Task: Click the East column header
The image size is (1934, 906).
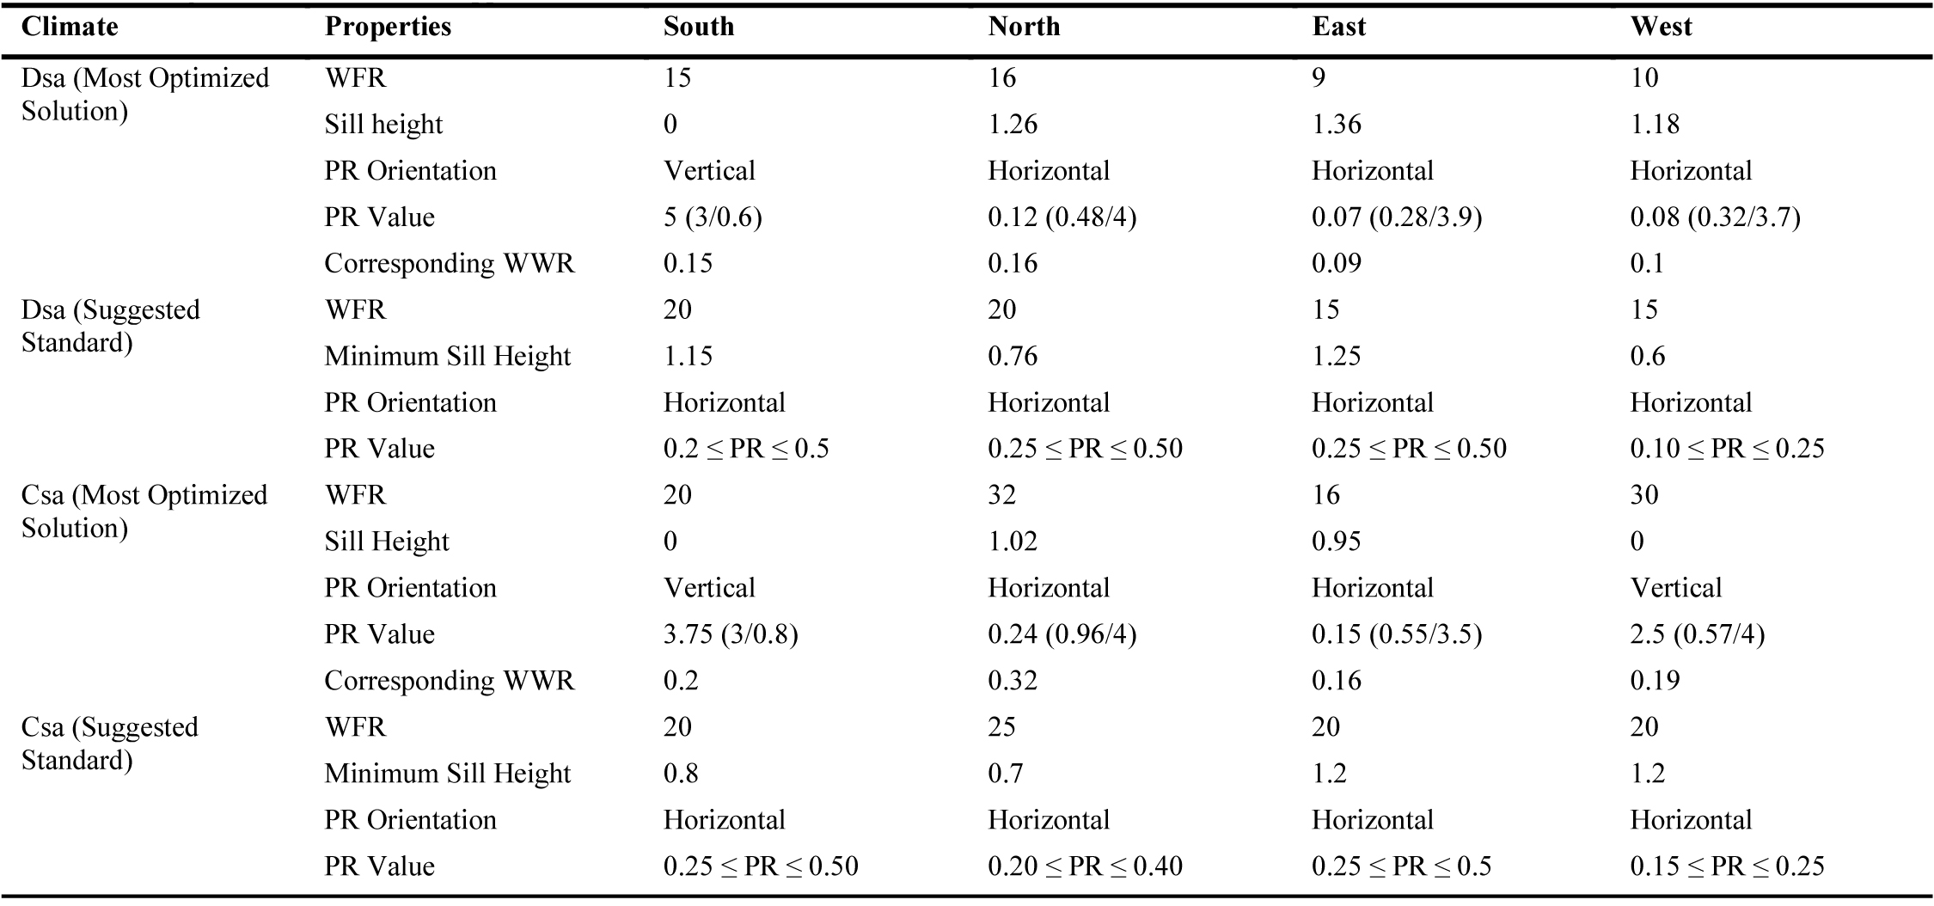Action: (x=1338, y=27)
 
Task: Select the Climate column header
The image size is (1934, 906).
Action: (x=70, y=27)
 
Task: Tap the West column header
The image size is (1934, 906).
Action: (x=1661, y=27)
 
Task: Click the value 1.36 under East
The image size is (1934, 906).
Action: (x=1337, y=124)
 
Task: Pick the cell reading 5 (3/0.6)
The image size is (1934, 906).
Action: (x=713, y=217)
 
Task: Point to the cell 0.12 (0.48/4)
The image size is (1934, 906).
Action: (x=1062, y=217)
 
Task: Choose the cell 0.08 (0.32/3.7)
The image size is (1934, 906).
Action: (x=1715, y=217)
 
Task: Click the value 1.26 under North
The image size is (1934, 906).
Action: (x=1013, y=124)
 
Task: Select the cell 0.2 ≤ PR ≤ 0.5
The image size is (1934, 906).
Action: (x=746, y=449)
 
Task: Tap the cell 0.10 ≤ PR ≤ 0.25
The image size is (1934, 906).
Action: (x=1727, y=449)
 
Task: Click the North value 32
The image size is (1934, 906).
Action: (x=1002, y=495)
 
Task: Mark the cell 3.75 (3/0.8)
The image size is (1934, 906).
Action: (x=731, y=634)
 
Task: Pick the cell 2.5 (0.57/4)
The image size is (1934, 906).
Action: (x=1697, y=634)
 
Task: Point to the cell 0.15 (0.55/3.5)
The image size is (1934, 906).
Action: (x=1397, y=634)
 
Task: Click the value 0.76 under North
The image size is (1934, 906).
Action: (x=1013, y=356)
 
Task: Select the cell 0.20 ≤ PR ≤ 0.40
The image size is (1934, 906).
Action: (x=1085, y=866)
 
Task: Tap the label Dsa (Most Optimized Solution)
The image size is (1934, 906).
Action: (x=144, y=95)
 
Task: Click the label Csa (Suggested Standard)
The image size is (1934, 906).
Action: (x=109, y=744)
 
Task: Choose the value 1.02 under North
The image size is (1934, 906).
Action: (x=1013, y=542)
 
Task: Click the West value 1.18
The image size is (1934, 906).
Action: (x=1655, y=124)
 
